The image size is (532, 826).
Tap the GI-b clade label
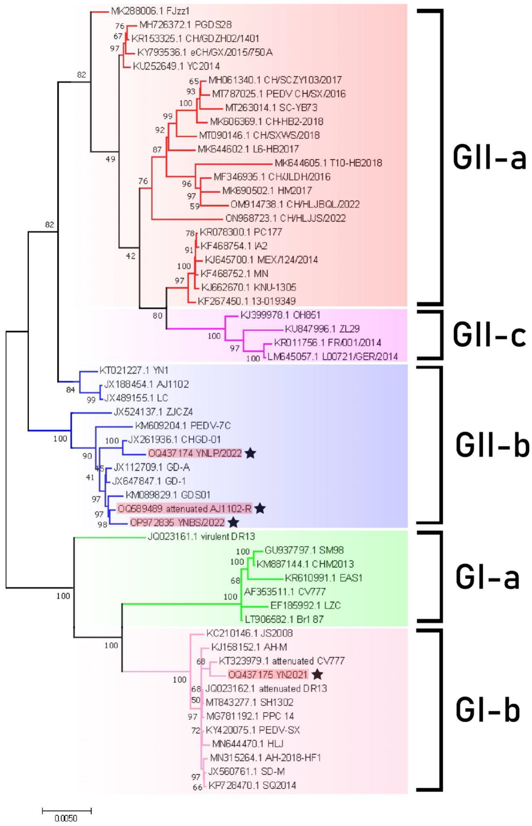[488, 709]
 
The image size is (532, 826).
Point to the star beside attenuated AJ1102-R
[260, 508]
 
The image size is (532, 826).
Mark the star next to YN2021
[317, 674]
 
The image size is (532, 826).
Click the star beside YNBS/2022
[234, 522]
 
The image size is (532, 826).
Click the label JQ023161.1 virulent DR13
[202, 536]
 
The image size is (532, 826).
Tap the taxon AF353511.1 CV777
[285, 592]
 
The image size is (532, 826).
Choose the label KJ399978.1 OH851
[280, 315]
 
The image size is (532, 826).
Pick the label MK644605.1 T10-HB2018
[328, 163]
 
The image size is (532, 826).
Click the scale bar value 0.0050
[66, 818]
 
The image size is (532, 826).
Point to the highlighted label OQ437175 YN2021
[268, 674]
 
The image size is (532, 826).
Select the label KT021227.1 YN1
[134, 370]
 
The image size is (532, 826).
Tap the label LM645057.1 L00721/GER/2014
[333, 356]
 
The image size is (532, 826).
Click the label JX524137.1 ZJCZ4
[153, 412]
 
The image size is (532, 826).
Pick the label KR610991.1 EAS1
[323, 578]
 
